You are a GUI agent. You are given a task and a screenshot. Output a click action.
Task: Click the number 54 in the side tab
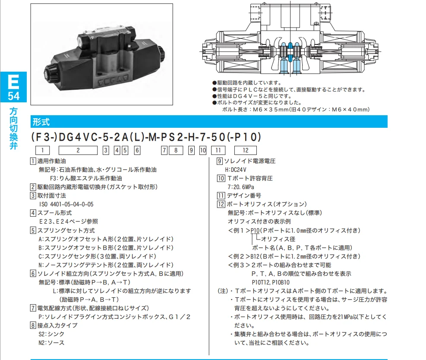pos(13,96)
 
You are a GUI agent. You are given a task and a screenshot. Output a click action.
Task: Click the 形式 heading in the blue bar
pos(41,121)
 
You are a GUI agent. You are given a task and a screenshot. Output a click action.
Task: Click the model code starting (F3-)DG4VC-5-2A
pos(147,137)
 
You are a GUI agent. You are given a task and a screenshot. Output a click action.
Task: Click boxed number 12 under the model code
pos(245,151)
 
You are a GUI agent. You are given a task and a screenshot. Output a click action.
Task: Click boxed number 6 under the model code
pos(137,151)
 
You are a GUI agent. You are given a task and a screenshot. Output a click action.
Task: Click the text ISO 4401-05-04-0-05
pos(66,204)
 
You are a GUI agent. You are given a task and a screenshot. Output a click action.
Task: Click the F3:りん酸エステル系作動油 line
pos(86,178)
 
